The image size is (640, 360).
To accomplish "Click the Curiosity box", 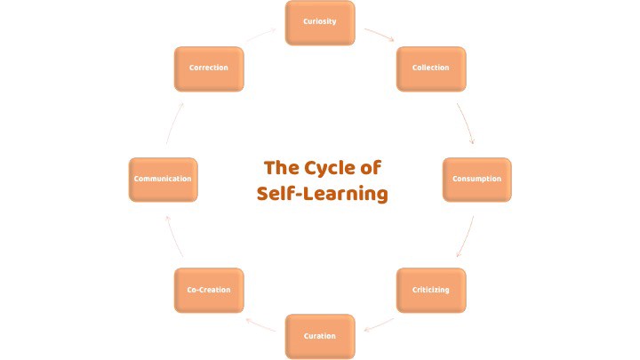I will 320,22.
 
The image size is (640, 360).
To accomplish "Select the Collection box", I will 431,68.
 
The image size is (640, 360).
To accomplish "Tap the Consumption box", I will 477,180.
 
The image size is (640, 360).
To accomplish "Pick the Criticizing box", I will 431,291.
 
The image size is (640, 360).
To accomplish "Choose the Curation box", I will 320,336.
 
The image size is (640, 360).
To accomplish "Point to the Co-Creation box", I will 209,291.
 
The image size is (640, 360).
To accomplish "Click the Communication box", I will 163,180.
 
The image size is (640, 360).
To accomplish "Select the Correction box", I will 209,68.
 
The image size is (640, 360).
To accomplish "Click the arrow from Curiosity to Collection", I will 380,36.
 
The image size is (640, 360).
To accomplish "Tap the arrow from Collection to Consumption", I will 466,123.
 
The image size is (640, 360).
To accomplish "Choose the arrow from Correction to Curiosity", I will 260,36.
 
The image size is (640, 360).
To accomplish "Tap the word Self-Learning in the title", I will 322,194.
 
